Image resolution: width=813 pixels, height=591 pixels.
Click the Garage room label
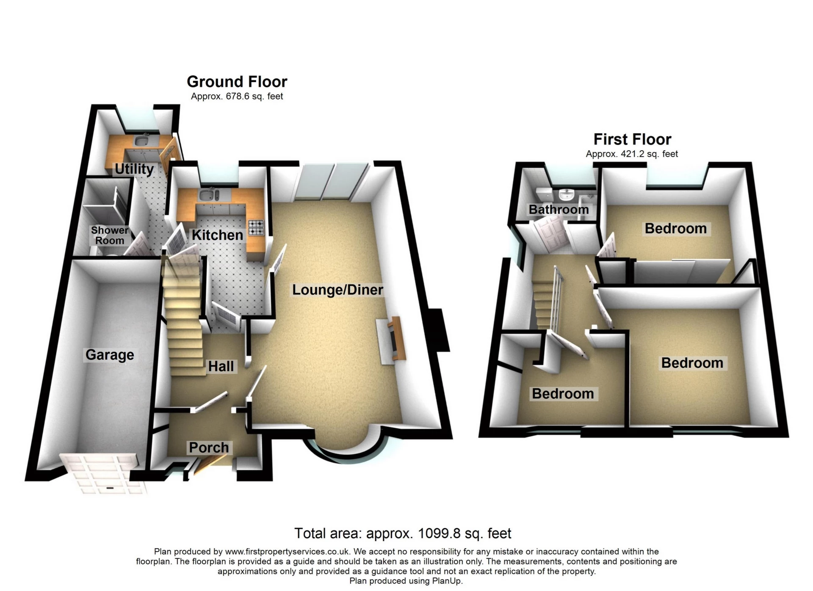[110, 355]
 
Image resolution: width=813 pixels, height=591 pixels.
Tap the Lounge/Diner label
[337, 290]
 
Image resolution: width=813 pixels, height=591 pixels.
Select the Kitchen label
[217, 235]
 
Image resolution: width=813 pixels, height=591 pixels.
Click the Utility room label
[134, 169]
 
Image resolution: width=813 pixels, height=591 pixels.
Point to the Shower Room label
[110, 235]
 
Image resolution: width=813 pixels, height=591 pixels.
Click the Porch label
[209, 447]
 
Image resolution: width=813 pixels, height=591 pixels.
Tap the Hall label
[221, 366]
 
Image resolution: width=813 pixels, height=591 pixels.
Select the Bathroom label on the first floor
[559, 209]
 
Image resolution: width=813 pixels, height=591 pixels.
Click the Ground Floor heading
[237, 81]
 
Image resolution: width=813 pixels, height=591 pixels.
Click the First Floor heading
[632, 139]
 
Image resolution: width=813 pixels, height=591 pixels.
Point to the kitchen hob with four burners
[256, 227]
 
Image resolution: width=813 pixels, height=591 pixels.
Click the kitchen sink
[207, 195]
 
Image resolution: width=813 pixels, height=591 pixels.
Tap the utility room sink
[142, 140]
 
